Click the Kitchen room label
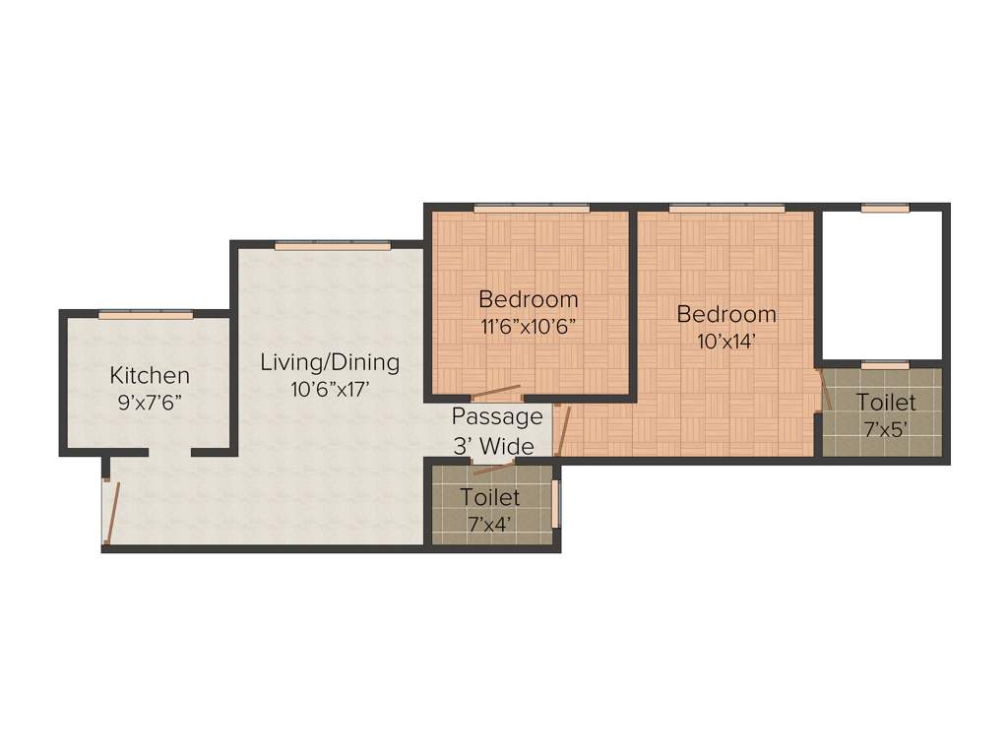click(149, 375)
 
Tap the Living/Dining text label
click(330, 362)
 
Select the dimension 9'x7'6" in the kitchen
click(149, 402)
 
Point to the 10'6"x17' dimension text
click(330, 389)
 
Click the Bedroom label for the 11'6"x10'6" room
click(529, 299)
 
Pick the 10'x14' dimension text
click(726, 342)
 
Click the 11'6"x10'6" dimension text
click(529, 326)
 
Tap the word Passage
click(497, 416)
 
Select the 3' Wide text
click(493, 446)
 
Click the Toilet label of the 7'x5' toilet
click(885, 403)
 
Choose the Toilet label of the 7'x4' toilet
click(490, 497)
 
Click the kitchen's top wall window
click(146, 314)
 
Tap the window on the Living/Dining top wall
click(333, 245)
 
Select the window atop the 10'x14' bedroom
click(726, 208)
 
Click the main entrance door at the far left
click(109, 512)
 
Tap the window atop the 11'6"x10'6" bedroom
click(532, 208)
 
